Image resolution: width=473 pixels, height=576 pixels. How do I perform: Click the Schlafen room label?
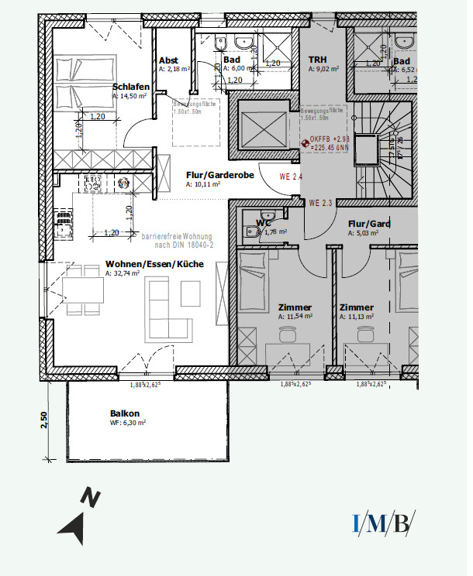click(130, 87)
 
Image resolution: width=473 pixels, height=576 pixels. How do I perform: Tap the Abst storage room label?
click(168, 60)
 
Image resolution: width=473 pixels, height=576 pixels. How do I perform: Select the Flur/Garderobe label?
click(220, 175)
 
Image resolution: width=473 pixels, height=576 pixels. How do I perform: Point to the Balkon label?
click(124, 413)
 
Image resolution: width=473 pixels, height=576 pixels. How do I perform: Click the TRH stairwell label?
click(317, 60)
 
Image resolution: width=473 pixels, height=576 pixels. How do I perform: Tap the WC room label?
click(263, 222)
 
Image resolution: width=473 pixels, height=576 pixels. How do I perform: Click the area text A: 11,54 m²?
click(295, 317)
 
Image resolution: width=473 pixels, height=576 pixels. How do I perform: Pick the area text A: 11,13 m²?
click(356, 317)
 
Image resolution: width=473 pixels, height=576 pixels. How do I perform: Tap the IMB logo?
click(383, 523)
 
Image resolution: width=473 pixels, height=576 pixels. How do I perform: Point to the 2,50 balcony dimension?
click(44, 420)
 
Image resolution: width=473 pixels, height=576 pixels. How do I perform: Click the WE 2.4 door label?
click(290, 177)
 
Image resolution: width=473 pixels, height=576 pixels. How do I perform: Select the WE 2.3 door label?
click(320, 203)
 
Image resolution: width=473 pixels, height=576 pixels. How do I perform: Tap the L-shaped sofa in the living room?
click(164, 309)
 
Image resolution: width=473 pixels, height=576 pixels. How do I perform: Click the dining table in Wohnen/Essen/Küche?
click(84, 291)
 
